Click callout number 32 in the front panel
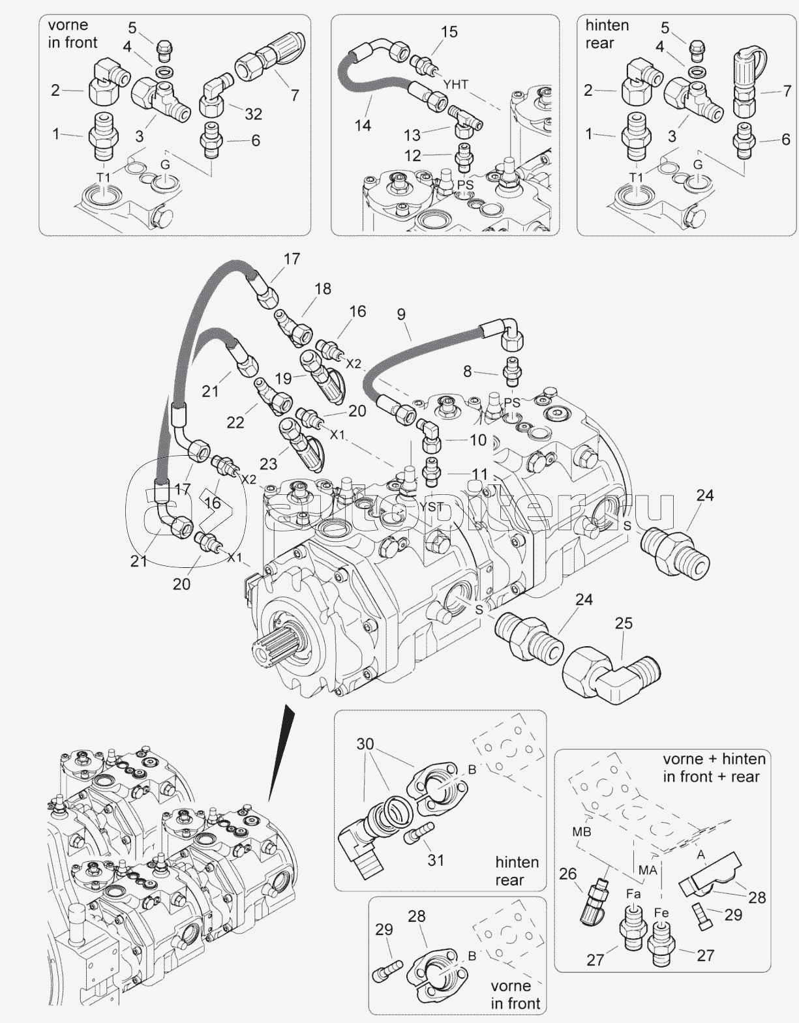[x=252, y=114]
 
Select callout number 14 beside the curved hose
[x=363, y=125]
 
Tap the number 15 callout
[x=449, y=31]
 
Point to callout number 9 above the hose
[x=401, y=315]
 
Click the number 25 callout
[x=624, y=623]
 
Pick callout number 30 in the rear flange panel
[x=365, y=744]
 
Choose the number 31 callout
[x=435, y=860]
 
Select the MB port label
[x=581, y=832]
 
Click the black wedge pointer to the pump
[x=282, y=750]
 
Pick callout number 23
[x=268, y=464]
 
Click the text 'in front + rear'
[x=711, y=777]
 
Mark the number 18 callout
[x=322, y=289]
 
